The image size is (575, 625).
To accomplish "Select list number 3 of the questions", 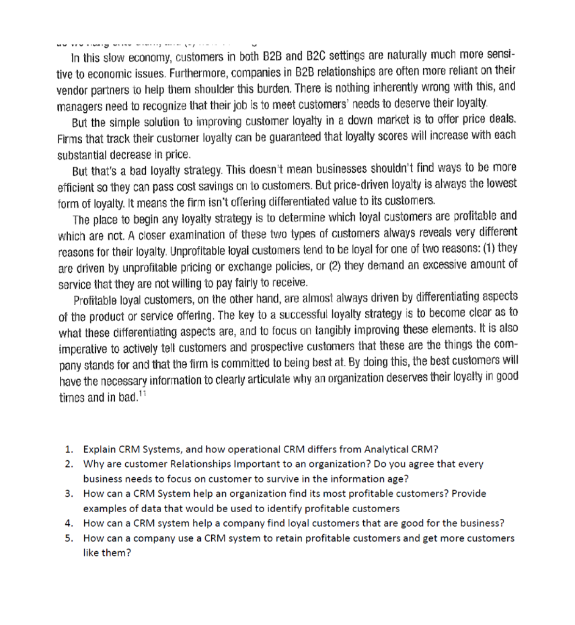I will pyautogui.click(x=69, y=493).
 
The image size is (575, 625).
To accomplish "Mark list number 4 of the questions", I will pyautogui.click(x=69, y=522).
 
